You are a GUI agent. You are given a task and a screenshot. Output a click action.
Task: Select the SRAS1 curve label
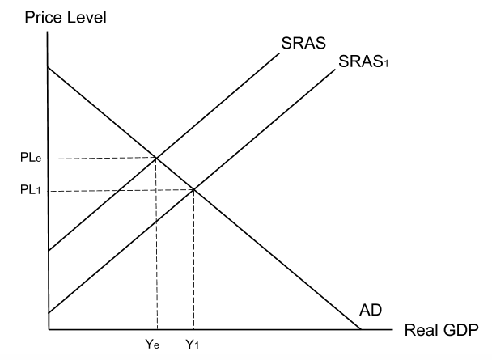coord(365,62)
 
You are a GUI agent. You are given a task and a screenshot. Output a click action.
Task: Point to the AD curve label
coord(370,310)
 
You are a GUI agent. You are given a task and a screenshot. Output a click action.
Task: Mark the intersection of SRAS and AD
coord(156,158)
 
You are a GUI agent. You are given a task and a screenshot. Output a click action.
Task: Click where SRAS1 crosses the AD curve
coord(194,190)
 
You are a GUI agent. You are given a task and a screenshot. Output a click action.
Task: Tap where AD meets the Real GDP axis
coord(360,330)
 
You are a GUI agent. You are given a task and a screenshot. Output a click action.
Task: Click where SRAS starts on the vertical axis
coord(49,251)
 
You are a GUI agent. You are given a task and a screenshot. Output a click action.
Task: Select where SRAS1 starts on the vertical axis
coord(49,314)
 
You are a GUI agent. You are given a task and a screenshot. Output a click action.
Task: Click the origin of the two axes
coord(49,330)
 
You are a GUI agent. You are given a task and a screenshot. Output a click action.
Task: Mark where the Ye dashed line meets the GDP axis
coord(156,330)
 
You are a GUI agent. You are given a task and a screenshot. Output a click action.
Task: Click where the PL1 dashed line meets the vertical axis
coord(49,191)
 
